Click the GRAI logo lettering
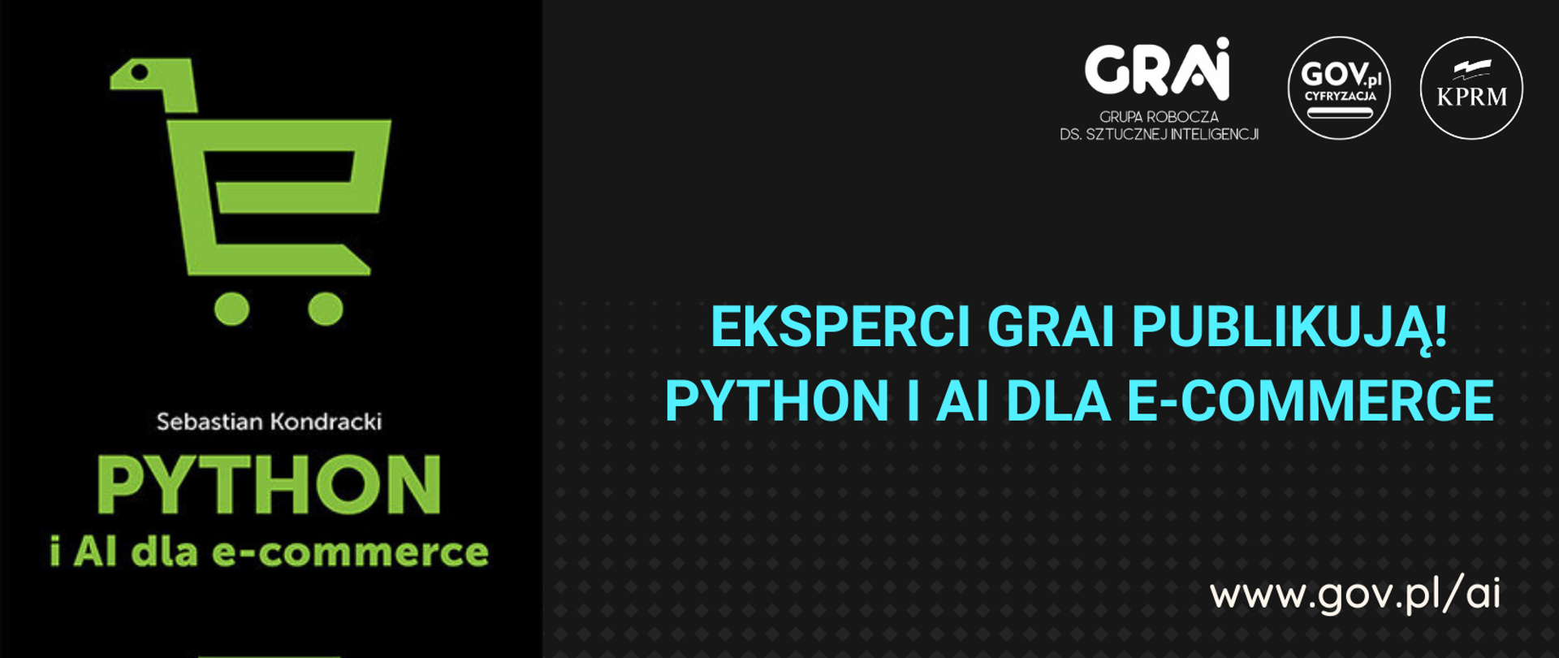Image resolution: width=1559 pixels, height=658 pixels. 1157,69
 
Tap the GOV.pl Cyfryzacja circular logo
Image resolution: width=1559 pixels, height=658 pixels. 1339,88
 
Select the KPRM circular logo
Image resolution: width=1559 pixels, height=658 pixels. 1471,88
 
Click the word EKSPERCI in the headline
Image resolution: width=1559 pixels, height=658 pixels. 840,327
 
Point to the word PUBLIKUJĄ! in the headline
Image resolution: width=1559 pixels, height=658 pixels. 1289,328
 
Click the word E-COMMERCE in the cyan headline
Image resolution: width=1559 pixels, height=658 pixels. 1311,400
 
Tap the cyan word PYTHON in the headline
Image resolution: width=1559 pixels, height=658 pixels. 777,400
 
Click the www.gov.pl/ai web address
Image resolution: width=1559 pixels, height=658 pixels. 1354,594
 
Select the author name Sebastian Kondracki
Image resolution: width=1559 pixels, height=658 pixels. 269,422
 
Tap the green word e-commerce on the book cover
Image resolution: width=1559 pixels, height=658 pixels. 350,552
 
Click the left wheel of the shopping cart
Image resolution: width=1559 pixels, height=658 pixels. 232,309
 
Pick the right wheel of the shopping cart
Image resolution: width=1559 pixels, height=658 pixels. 326,309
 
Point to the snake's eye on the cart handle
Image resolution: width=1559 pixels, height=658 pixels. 140,72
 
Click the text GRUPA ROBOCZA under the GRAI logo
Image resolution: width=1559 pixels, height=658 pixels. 1159,117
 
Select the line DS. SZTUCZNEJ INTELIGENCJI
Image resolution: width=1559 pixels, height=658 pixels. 1159,134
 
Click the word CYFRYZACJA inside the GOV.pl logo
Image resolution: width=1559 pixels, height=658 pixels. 1340,96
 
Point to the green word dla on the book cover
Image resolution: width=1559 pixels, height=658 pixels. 165,552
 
